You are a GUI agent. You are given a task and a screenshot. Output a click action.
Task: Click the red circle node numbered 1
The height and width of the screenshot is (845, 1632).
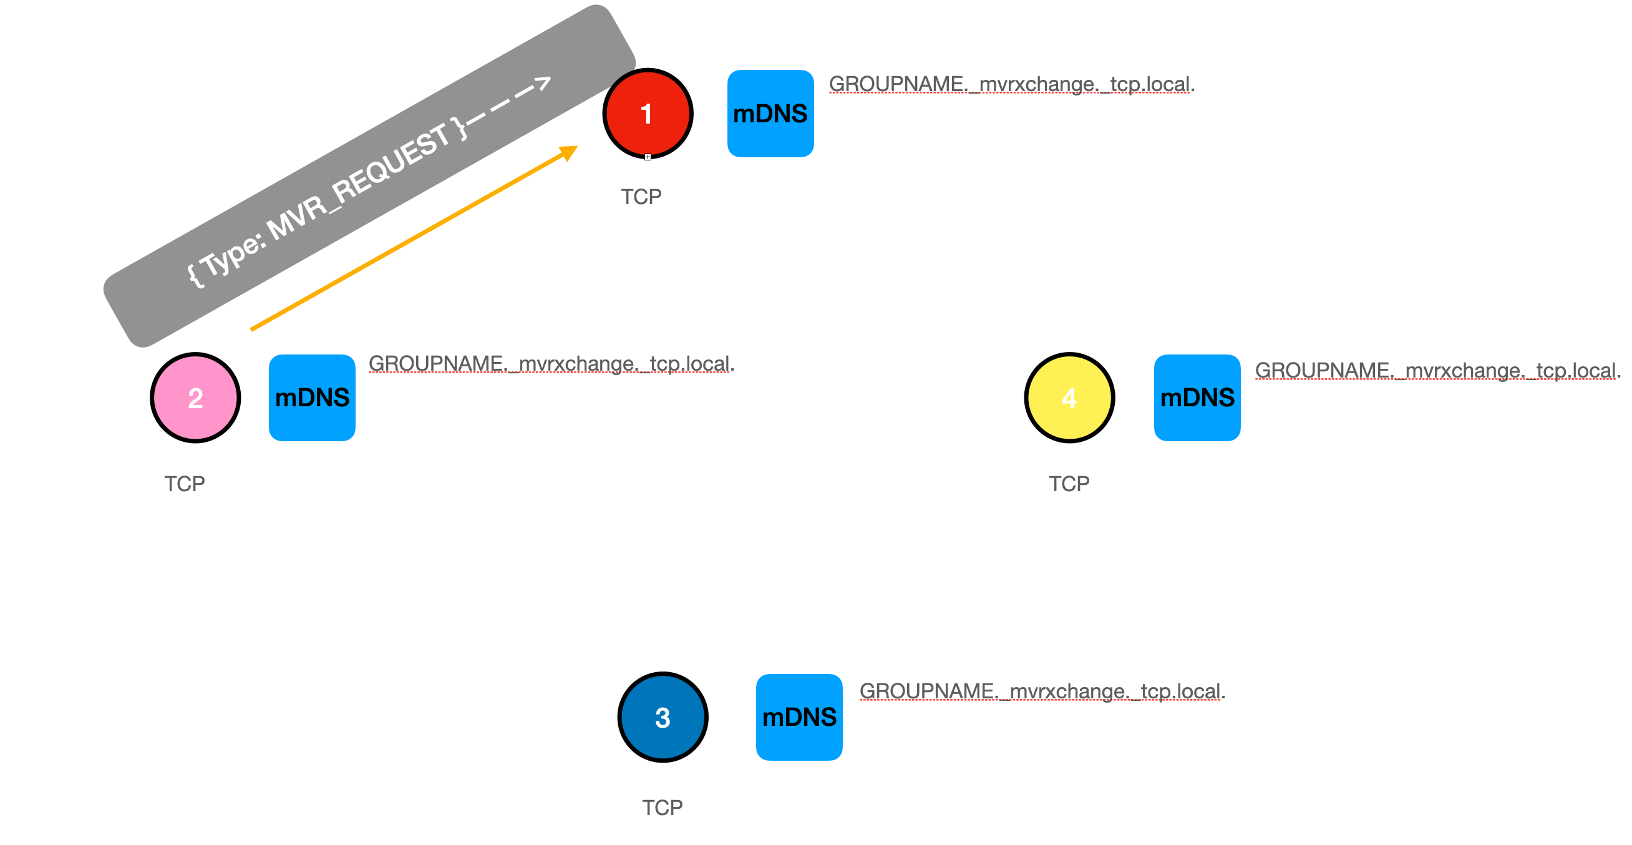[647, 114]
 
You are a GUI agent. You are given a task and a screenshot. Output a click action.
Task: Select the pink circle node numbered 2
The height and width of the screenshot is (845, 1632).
[195, 398]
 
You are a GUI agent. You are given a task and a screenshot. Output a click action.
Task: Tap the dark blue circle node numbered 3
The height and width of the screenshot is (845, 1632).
[662, 717]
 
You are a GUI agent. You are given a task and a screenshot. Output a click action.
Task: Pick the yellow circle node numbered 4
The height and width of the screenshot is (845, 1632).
[1069, 398]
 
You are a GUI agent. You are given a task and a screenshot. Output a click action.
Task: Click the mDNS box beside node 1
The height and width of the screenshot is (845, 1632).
[770, 114]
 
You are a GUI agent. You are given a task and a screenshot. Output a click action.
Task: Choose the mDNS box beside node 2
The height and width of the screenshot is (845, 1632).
[312, 398]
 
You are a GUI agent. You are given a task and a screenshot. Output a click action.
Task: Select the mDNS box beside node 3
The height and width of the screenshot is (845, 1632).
[799, 717]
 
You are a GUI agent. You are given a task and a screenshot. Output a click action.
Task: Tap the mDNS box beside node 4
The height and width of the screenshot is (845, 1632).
[1197, 398]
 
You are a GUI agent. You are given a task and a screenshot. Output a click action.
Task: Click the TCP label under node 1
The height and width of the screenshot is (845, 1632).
[641, 197]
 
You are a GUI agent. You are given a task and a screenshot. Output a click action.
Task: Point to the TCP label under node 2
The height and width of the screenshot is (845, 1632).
[185, 484]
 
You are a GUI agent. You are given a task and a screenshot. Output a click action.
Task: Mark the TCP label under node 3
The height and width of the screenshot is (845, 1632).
[662, 807]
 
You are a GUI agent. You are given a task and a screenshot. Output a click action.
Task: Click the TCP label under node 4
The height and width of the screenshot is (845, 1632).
[1069, 484]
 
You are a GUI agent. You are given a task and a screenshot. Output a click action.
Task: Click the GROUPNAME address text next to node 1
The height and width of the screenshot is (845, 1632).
[1011, 84]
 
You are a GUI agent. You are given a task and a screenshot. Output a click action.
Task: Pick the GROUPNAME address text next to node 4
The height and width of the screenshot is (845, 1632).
[1437, 370]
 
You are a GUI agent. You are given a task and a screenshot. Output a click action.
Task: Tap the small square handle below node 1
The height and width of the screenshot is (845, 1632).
[648, 157]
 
